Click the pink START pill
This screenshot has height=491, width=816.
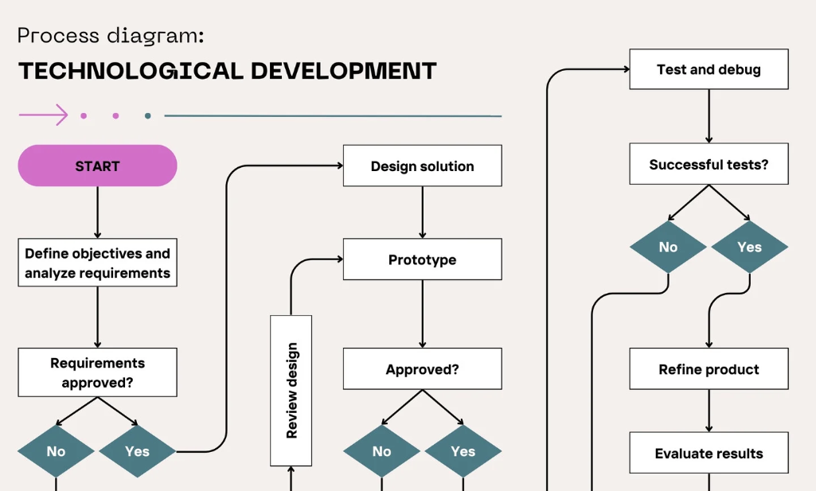point(97,166)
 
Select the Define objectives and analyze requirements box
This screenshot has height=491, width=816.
point(97,263)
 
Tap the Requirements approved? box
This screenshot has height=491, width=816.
point(97,372)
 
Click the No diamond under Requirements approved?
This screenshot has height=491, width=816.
point(56,451)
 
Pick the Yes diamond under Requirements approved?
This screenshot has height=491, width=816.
point(138,451)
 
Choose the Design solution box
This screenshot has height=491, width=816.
point(423,166)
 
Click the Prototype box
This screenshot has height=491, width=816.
point(423,259)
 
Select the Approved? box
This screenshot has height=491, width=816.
point(423,368)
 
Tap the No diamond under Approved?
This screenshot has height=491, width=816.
point(381,451)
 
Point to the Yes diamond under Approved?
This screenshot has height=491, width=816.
point(463,451)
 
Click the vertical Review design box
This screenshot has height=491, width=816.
point(291,391)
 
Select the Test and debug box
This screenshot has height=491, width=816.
point(709,69)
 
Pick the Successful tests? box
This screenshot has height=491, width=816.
point(709,164)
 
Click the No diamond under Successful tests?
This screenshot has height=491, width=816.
point(668,247)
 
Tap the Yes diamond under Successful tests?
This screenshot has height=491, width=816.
point(750,247)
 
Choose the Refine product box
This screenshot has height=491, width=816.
point(709,368)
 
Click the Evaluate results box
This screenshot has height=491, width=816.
point(709,453)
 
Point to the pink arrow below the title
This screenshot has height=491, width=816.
point(43,115)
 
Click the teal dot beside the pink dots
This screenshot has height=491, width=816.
point(148,115)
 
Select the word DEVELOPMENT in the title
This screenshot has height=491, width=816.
point(343,72)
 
